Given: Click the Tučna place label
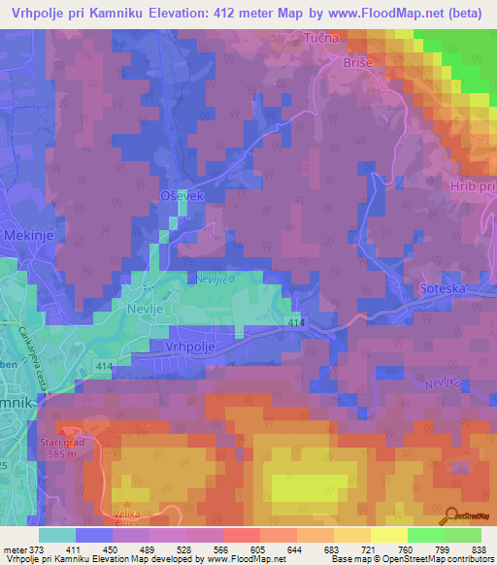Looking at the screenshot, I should click(x=322, y=38).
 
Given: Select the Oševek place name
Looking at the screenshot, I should click(x=180, y=197).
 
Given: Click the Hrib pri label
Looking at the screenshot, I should click(x=473, y=186).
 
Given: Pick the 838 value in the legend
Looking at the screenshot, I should click(x=480, y=549).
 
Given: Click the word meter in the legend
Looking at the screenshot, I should click(x=13, y=549).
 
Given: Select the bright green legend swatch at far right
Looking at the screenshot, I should click(x=463, y=535).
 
